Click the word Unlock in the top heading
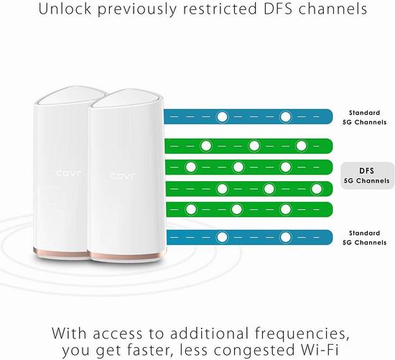pyautogui.click(x=65, y=9)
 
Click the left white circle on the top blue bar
pyautogui.click(x=222, y=117)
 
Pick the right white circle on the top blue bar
pyautogui.click(x=285, y=117)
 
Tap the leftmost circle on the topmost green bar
pyautogui.click(x=206, y=146)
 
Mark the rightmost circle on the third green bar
pyautogui.click(x=317, y=189)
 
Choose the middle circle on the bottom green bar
pyautogui.click(x=237, y=209)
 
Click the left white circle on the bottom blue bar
pyautogui.click(x=222, y=237)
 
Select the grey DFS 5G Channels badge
pyautogui.click(x=367, y=176)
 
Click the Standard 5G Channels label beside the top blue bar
pyautogui.click(x=364, y=117)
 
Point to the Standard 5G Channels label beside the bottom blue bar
pyautogui.click(x=364, y=238)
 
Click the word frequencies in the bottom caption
pyautogui.click(x=302, y=334)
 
